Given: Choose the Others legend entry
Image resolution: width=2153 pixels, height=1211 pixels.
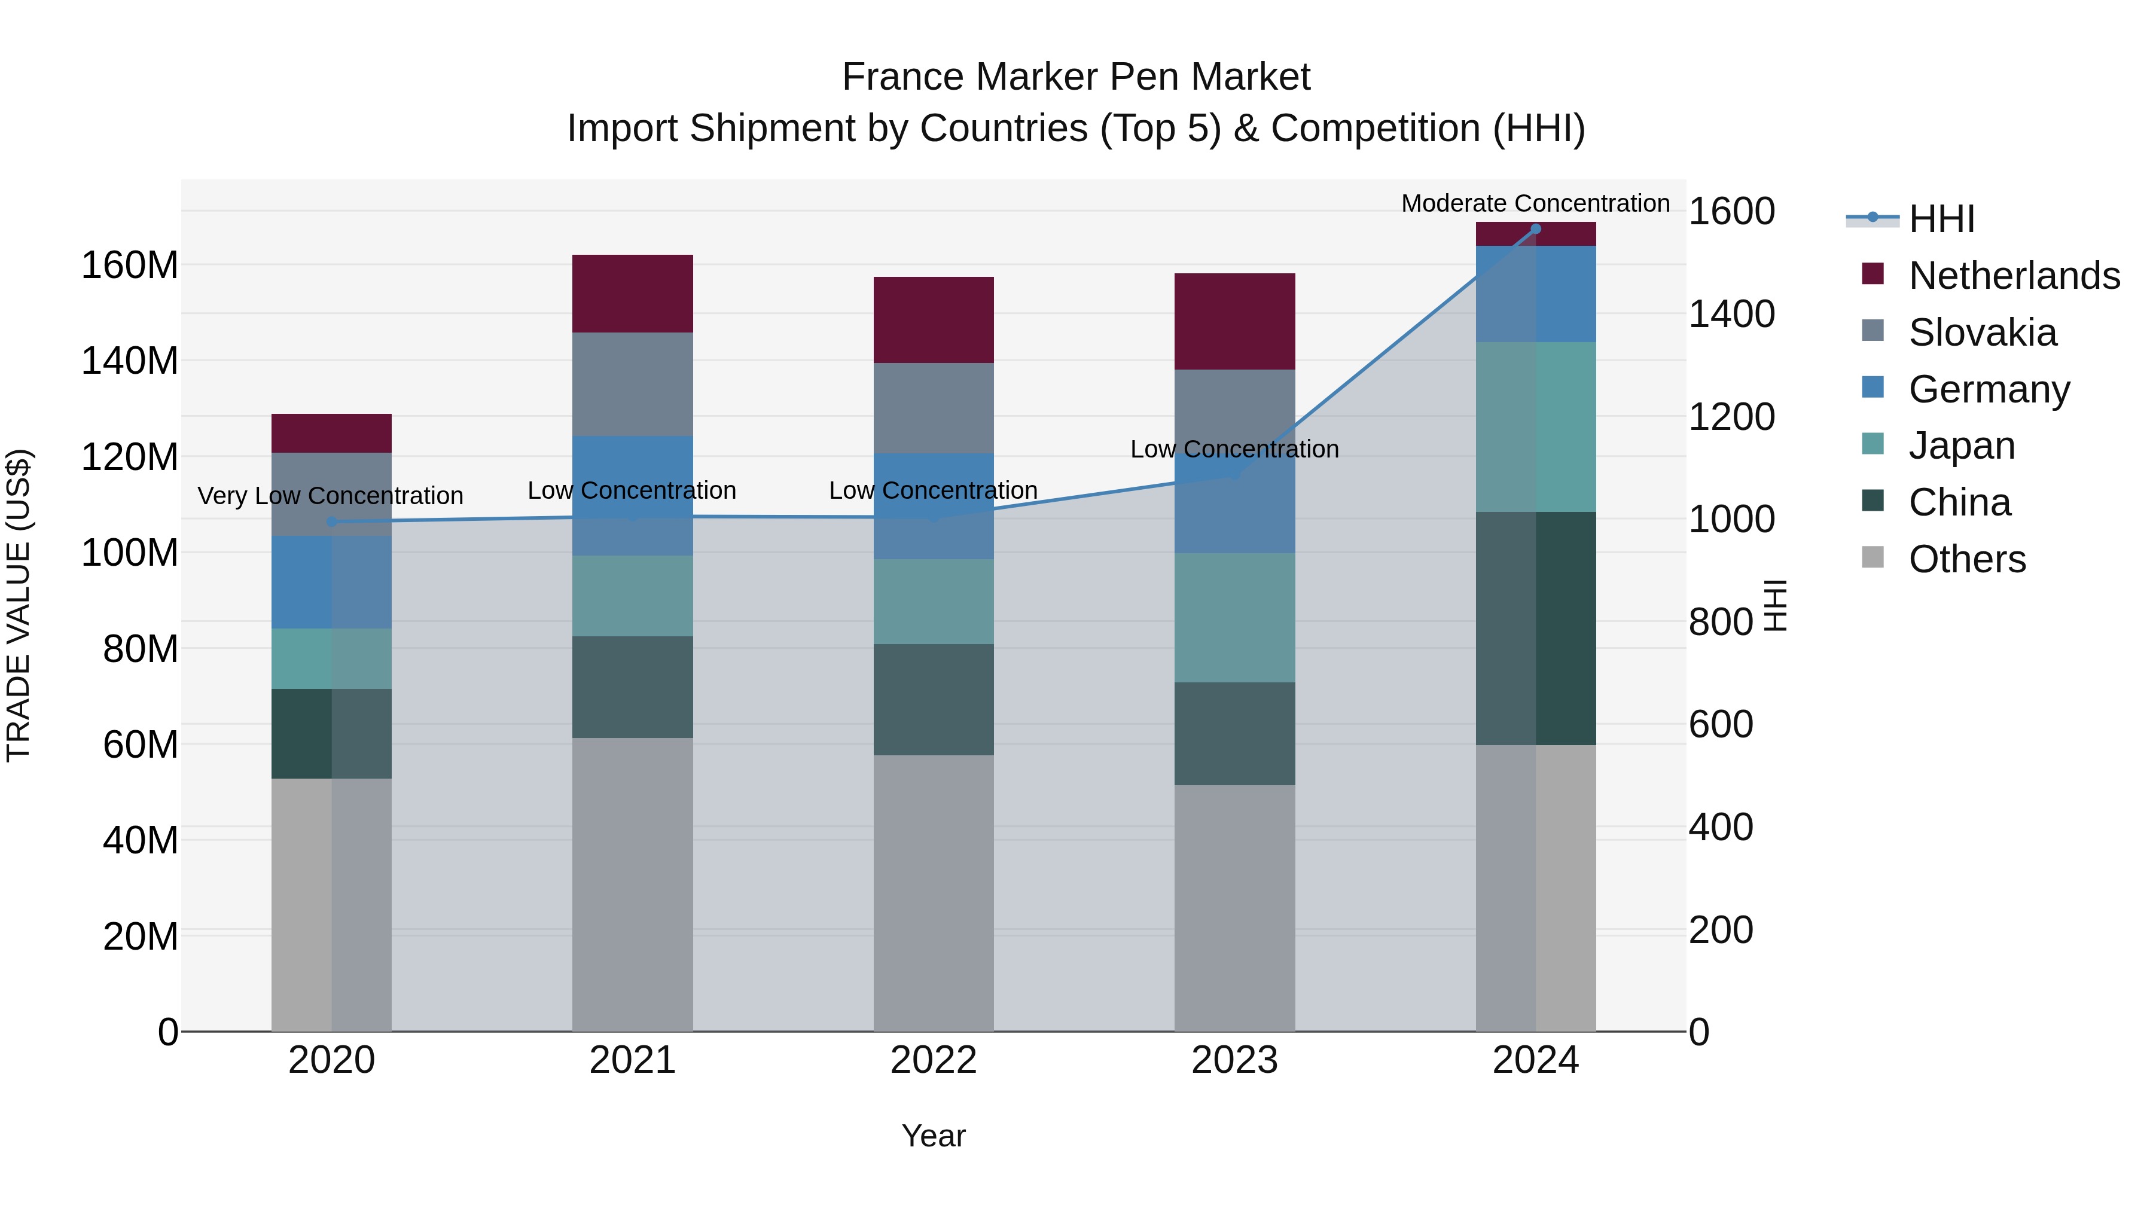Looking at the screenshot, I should click(x=1966, y=559).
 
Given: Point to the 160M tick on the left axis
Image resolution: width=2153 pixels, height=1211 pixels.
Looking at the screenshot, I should click(x=130, y=266).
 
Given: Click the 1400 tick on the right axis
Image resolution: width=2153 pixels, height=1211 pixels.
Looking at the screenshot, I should click(x=1731, y=314).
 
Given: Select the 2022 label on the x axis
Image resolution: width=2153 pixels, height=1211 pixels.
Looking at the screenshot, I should click(x=933, y=1060).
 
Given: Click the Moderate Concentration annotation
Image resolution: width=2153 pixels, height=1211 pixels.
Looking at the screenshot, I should click(x=1535, y=203).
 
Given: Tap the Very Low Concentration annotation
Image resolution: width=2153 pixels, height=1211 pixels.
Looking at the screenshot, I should click(x=330, y=496).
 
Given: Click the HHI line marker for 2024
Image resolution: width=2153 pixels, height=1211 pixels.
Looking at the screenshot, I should click(x=1535, y=229).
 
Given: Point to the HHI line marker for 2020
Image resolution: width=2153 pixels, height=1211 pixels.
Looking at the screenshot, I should click(x=332, y=521).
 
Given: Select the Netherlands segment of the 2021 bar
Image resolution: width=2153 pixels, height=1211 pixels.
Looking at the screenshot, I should click(x=632, y=294).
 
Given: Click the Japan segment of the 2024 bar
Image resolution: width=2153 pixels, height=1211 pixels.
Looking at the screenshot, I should click(x=1535, y=426).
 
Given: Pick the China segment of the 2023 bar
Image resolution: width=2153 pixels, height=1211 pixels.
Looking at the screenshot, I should click(x=1234, y=733).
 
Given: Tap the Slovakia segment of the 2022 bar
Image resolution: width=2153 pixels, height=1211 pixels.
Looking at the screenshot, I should click(x=933, y=408).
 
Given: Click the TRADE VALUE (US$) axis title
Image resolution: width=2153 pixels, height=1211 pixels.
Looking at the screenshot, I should click(x=19, y=605).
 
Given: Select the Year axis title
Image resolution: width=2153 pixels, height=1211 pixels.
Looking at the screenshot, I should click(x=933, y=1136).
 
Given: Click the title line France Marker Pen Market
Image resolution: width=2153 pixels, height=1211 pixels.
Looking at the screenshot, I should click(x=1076, y=77).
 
